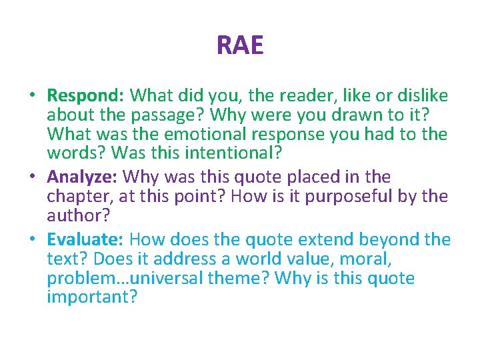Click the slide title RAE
pos(240,45)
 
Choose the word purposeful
pos(371,196)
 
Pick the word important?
pos(92,297)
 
